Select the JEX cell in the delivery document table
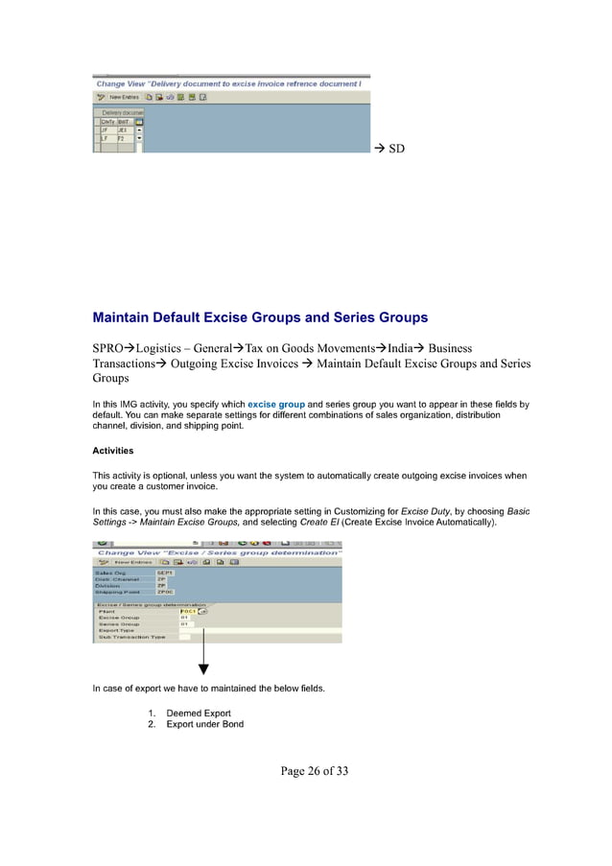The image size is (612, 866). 123,129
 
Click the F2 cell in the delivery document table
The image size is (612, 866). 122,138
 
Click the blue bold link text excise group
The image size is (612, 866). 276,405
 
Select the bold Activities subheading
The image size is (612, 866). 112,451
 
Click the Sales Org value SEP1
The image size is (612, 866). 164,573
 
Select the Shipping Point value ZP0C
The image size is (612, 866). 165,593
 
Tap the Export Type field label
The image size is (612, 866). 117,630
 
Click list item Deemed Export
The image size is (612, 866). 199,714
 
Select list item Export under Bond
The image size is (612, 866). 204,724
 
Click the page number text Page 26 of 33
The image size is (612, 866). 305,769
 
